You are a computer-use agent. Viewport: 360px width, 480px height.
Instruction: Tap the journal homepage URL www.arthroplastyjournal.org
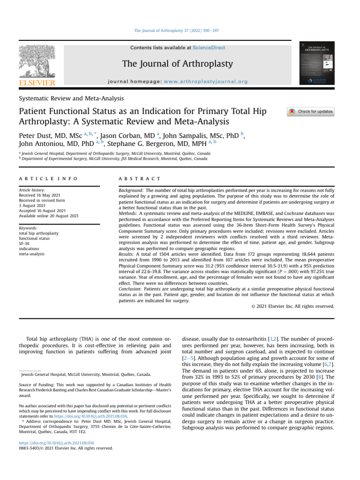tap(206, 82)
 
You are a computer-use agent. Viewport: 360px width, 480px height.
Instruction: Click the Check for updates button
tap(310, 112)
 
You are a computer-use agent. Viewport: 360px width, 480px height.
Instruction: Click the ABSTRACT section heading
tap(139, 179)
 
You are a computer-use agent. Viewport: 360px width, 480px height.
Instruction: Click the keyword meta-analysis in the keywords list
tap(31, 254)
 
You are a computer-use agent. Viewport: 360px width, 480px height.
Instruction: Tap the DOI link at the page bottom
tap(56, 442)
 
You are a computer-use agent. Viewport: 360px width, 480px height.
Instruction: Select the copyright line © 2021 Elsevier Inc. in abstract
tap(290, 307)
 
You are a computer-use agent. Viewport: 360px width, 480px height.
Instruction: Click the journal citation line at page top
tap(177, 30)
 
